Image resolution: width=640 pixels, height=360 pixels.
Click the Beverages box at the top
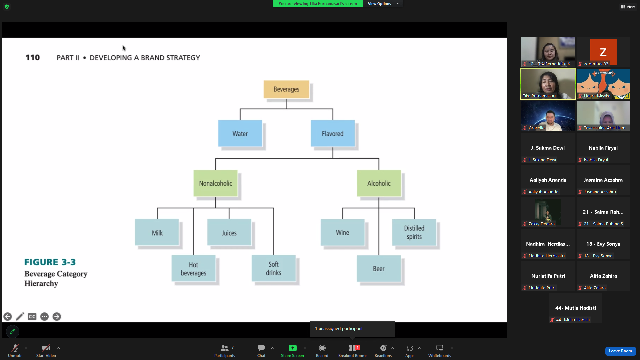(286, 89)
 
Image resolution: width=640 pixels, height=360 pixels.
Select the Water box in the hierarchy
(240, 133)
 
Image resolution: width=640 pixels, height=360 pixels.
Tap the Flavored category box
(333, 133)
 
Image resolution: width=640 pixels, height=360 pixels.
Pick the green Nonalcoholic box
(216, 183)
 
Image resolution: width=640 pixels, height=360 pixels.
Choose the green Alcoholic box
(379, 183)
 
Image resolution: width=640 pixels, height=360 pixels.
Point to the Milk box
(157, 232)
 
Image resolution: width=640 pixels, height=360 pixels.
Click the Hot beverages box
(194, 269)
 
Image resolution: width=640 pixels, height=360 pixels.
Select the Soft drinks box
(274, 269)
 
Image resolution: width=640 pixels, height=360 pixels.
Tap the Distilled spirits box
(414, 232)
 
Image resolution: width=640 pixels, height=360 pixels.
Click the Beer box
(379, 269)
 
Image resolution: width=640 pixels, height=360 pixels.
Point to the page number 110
(33, 58)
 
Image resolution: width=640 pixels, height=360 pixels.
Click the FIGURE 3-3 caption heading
(50, 262)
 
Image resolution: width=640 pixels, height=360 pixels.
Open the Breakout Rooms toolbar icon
(353, 348)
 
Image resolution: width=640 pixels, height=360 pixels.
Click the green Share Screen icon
(292, 348)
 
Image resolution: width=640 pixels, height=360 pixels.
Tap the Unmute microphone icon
(15, 348)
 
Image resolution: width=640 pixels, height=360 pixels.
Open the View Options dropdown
(383, 4)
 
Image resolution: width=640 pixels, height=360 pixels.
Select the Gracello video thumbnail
(548, 116)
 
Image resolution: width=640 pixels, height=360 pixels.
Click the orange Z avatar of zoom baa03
(603, 52)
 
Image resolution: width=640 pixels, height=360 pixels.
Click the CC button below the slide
(32, 317)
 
